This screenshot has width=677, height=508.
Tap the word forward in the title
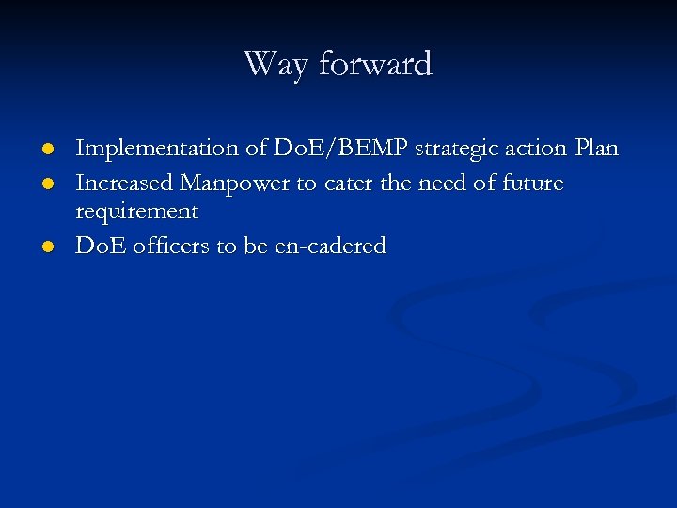click(375, 64)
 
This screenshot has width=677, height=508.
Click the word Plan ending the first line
click(596, 149)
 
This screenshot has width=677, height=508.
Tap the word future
click(531, 183)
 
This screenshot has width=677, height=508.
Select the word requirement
click(136, 212)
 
